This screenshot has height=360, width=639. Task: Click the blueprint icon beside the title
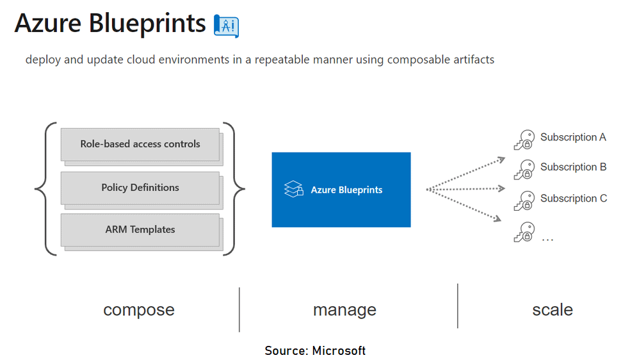(226, 25)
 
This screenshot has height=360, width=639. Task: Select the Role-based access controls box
(140, 144)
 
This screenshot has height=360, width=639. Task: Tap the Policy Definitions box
(140, 188)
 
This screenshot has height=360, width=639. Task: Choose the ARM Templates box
(140, 229)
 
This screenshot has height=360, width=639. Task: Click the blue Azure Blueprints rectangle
(341, 190)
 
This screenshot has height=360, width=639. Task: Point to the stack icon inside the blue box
(294, 190)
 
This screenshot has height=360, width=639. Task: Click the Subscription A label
(573, 137)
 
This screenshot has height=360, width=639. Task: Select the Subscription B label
(573, 167)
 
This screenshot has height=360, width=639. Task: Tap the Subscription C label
(573, 199)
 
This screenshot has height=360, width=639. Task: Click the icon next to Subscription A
(524, 140)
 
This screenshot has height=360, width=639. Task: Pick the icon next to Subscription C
(524, 201)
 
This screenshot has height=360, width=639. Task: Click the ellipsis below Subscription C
(547, 239)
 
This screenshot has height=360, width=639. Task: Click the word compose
(139, 310)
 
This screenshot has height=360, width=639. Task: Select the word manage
(344, 310)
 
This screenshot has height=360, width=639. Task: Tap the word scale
(552, 310)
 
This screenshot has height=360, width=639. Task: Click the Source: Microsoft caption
(315, 350)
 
